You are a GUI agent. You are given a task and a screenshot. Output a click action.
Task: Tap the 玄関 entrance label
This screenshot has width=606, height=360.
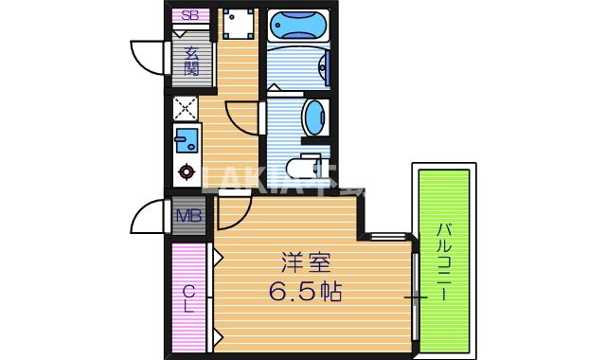point(190,61)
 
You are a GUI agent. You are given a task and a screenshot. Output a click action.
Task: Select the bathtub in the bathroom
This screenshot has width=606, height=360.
point(297,26)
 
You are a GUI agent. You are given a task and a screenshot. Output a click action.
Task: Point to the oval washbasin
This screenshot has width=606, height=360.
point(312,119)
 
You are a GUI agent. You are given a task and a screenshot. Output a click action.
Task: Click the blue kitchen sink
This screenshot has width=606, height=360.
point(186,141)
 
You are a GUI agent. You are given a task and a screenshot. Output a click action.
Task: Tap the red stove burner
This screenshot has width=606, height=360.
point(187,173)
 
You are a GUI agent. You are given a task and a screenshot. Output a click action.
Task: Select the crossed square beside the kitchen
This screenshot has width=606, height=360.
point(186,108)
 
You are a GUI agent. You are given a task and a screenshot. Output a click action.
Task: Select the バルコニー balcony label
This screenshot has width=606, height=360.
point(443,260)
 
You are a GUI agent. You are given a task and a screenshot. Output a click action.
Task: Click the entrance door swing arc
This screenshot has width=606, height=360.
point(148,61)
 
